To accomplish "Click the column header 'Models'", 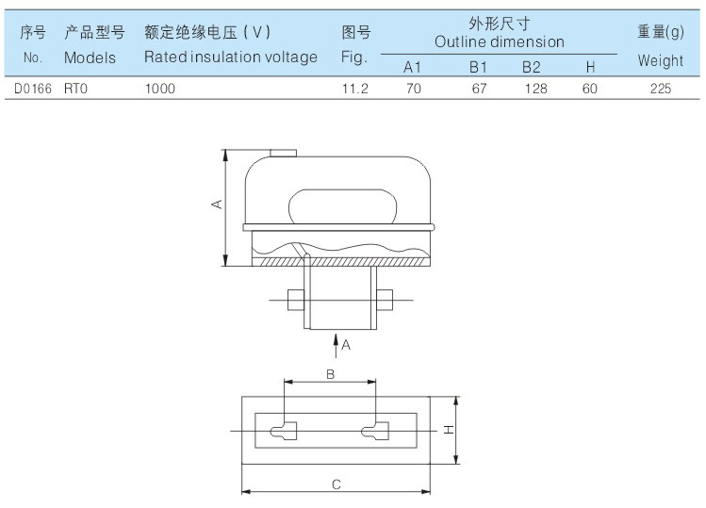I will point(90,57).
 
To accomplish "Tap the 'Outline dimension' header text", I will point(500,41).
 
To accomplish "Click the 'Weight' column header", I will point(660,60).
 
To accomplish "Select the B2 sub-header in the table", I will point(532,67).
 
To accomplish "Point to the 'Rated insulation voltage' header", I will point(231,57).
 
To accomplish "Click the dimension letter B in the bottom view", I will point(330,373).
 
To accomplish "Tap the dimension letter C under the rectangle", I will point(336,483).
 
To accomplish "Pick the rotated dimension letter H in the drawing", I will point(450,429).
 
